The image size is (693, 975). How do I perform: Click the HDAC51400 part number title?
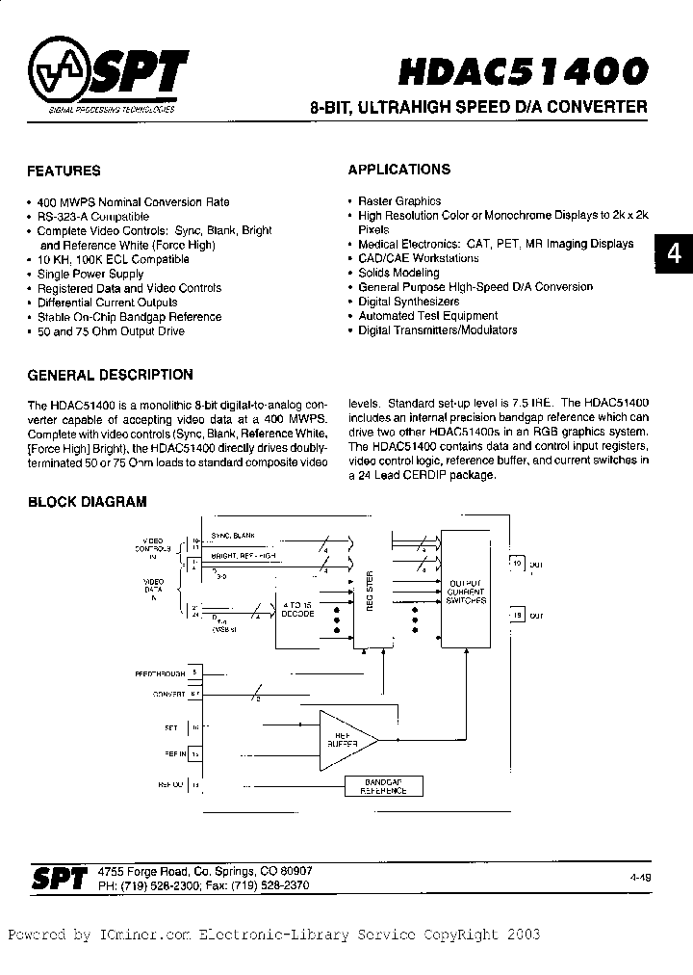click(523, 72)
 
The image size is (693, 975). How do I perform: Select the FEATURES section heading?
click(64, 171)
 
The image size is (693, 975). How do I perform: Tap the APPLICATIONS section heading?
click(398, 170)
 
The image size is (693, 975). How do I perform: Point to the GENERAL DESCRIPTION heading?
click(110, 375)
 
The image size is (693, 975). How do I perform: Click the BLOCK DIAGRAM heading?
click(87, 502)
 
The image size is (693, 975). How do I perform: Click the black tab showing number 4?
click(674, 253)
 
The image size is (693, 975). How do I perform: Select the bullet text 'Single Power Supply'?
click(90, 274)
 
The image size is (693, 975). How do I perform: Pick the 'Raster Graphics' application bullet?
click(399, 201)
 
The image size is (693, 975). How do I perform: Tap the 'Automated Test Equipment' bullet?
click(428, 315)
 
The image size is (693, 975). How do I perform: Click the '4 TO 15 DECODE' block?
click(296, 612)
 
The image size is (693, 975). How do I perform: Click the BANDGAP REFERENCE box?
click(383, 786)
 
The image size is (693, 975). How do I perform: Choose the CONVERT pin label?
click(167, 693)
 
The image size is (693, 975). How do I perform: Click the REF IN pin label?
click(173, 752)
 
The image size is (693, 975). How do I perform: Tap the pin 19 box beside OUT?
click(516, 615)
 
